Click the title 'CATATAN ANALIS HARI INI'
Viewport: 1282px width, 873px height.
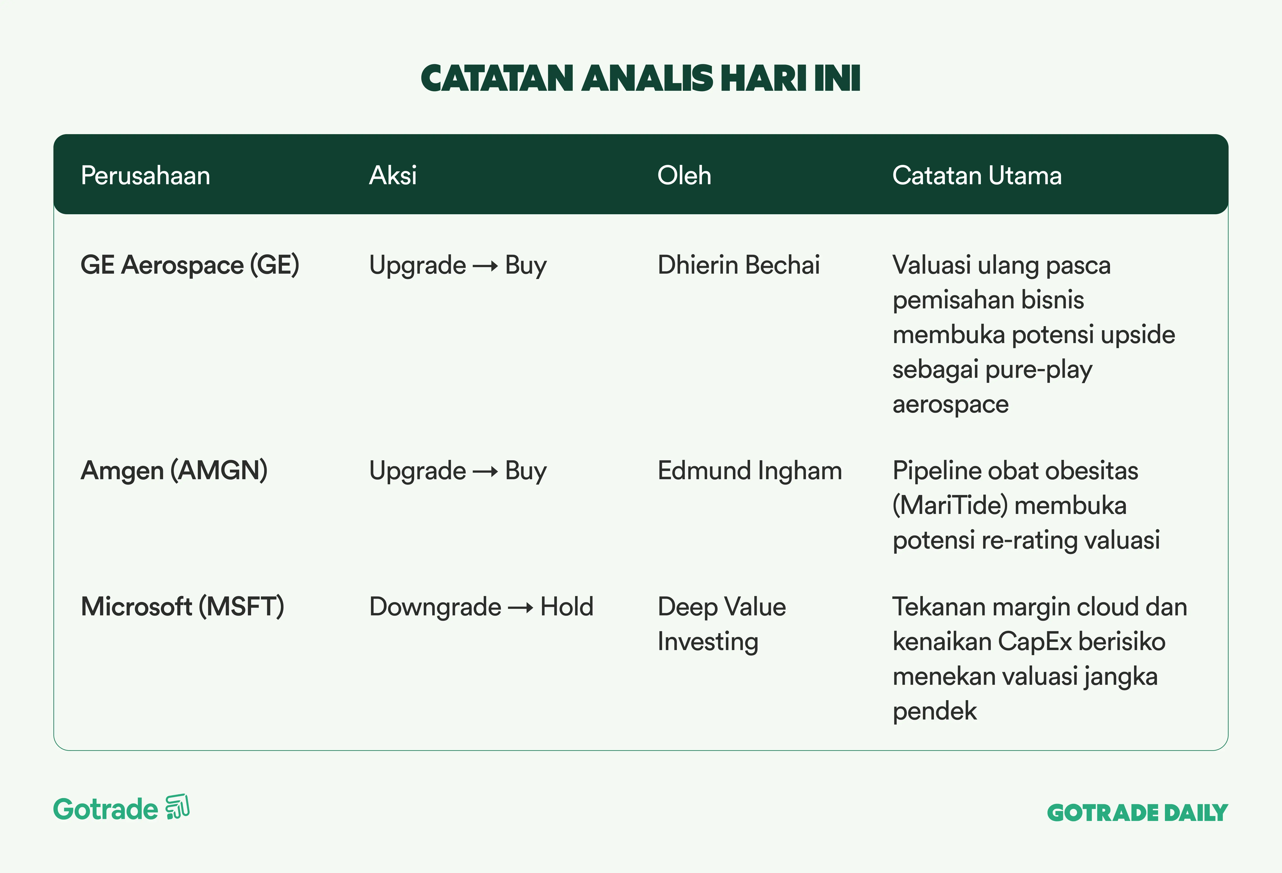641,78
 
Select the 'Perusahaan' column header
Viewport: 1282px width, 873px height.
146,175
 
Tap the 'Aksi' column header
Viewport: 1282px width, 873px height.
393,175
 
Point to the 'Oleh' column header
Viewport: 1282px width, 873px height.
684,175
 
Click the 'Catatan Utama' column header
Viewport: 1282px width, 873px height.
977,175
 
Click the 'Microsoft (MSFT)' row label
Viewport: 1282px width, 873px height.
182,607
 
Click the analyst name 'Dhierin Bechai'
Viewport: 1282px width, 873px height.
739,265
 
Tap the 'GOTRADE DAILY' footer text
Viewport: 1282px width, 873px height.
1138,813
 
